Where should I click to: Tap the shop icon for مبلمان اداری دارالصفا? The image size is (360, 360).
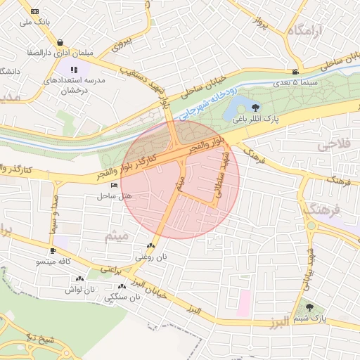(60, 42)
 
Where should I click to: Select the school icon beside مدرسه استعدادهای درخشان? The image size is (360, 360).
(74, 70)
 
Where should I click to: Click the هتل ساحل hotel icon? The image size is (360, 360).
(115, 185)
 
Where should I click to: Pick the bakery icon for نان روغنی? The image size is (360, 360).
(150, 246)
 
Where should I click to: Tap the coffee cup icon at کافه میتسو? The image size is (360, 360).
(53, 251)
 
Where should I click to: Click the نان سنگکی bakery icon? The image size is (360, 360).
(122, 286)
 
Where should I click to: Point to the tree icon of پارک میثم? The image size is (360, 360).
(310, 307)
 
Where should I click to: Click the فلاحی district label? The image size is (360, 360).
(337, 145)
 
